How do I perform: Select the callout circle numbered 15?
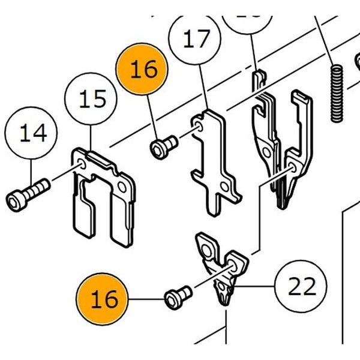(92, 98)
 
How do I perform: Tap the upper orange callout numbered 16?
(143, 70)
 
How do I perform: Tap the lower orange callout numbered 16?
(103, 299)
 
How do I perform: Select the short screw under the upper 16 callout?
(164, 145)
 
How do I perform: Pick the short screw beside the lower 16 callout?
(178, 295)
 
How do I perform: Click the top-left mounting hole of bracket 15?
(80, 161)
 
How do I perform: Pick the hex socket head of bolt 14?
(15, 198)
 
